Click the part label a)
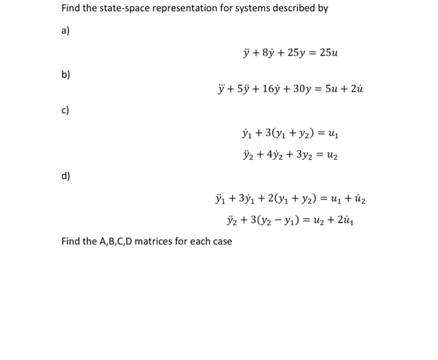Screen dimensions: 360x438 [x=65, y=31]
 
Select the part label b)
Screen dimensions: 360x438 [x=66, y=74]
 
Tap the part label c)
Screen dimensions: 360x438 [x=65, y=111]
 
